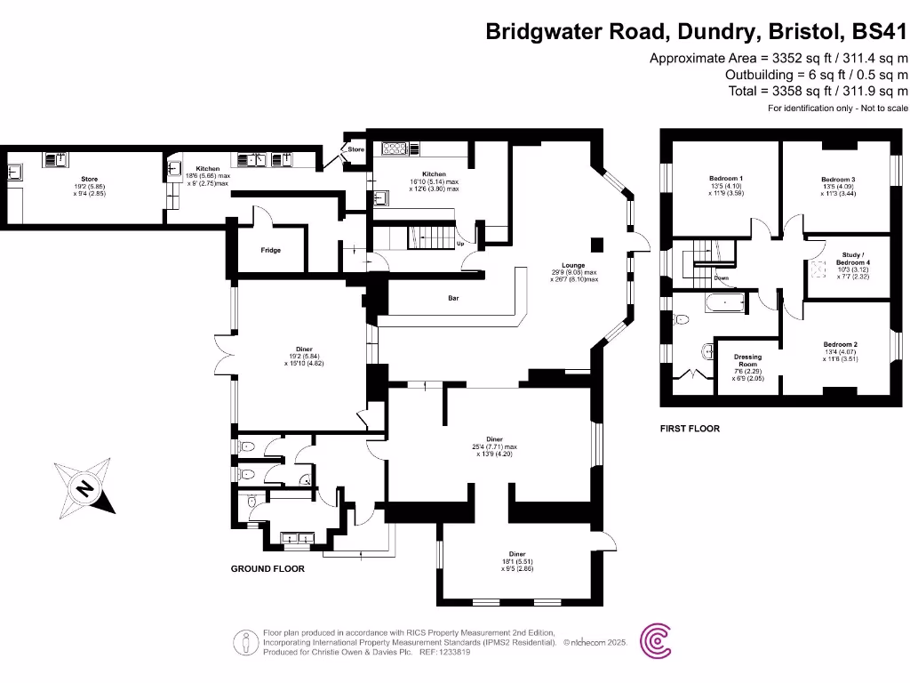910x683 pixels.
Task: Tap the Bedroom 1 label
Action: click(x=726, y=178)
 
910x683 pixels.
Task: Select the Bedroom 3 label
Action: click(x=838, y=180)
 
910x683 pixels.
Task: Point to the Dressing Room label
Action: click(x=747, y=361)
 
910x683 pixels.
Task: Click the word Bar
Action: click(x=452, y=299)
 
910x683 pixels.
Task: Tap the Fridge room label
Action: click(x=271, y=251)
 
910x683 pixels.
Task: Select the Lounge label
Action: click(x=573, y=265)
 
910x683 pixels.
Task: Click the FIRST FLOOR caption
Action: click(x=690, y=429)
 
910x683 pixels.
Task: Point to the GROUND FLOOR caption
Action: click(x=267, y=568)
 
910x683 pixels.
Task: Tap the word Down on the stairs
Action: click(x=722, y=278)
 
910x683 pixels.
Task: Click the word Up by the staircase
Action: click(x=459, y=243)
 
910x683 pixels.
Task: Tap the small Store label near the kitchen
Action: click(x=355, y=149)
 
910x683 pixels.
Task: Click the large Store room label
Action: click(x=89, y=179)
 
